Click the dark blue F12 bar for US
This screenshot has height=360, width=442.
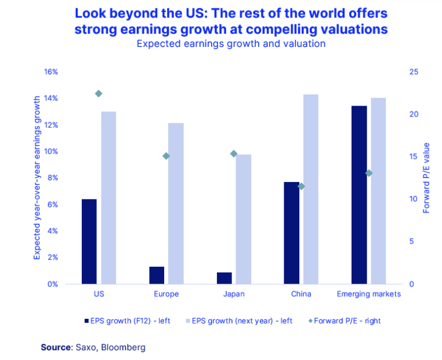point(89,241)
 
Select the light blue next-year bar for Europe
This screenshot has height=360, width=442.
point(176,203)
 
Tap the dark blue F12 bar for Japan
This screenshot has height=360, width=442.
point(224,278)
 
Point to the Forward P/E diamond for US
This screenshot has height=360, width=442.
point(99,93)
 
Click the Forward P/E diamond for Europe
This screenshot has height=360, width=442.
point(166,156)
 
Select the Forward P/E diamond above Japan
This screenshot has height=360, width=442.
point(234,154)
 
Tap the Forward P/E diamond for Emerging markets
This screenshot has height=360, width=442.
point(369,173)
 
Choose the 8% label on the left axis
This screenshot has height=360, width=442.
point(53,178)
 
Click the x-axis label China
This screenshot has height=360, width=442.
point(301,294)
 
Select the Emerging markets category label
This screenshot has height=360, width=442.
point(369,294)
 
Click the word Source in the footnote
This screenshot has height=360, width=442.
point(55,347)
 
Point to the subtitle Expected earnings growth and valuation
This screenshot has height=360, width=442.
point(231,43)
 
